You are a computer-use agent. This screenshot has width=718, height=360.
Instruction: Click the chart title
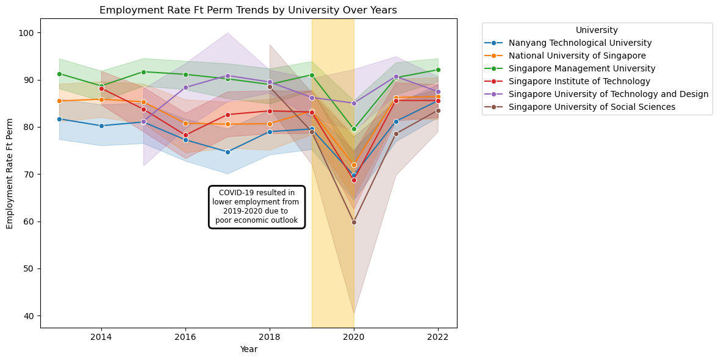coord(248,10)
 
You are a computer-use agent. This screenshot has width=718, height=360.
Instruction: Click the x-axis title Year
coord(248,350)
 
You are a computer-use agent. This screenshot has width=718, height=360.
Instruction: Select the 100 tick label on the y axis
coord(29,33)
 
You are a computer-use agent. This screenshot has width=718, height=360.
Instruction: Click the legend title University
coord(597,30)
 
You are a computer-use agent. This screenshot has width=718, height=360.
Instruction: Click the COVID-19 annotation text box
coord(257,207)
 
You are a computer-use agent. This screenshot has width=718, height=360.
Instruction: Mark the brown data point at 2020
coord(354,222)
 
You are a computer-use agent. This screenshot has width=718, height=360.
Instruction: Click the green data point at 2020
coord(354,129)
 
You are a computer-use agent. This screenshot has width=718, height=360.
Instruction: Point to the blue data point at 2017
coord(228,152)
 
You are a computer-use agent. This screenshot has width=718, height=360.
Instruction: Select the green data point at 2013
coord(59,74)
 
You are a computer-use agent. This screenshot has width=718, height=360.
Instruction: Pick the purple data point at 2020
coord(354,103)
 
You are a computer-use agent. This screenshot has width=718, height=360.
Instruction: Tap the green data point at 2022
coord(438,70)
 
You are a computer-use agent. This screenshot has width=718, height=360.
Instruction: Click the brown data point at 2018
coord(270,87)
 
